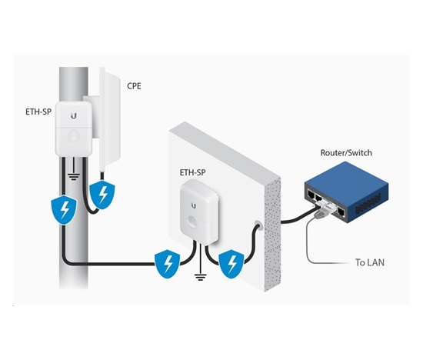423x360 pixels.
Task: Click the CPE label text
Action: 134,86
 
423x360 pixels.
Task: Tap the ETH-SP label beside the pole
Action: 38,112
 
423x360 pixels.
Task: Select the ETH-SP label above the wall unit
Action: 192,172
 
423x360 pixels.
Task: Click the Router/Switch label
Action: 346,153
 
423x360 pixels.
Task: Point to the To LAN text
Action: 370,262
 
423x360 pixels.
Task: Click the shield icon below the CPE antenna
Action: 102,195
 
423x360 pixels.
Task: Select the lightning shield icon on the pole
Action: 64,210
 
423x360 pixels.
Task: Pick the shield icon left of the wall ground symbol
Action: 167,264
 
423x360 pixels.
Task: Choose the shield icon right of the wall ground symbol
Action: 231,264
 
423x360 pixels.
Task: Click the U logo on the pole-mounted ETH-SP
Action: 74,116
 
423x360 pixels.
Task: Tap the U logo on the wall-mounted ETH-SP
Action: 193,206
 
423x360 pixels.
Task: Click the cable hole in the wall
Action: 258,224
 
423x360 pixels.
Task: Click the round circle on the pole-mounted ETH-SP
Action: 73,135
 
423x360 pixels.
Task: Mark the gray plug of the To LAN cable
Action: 319,215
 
